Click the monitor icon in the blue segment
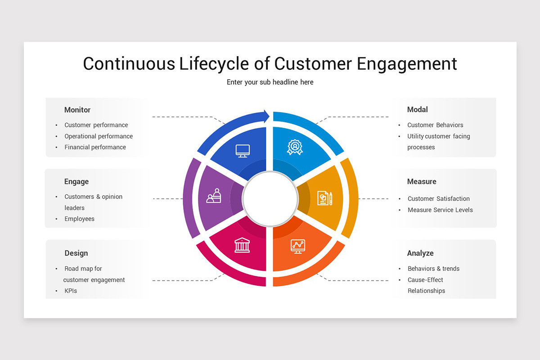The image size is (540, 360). coord(243,151)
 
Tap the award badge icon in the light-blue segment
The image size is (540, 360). coord(295,147)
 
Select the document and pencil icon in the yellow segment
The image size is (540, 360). coord(324,198)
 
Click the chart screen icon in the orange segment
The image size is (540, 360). coord(297,246)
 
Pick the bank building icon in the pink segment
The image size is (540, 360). coord(242,245)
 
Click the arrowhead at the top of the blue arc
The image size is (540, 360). coord(266,116)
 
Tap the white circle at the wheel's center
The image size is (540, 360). coord(270,198)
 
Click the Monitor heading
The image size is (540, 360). coord(77,110)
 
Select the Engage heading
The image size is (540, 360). coord(76,182)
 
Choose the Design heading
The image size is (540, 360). coord(76,253)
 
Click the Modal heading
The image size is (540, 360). coord(417,109)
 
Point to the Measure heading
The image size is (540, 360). coord(421,182)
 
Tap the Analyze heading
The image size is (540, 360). coord(420,253)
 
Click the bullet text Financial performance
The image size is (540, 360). coord(95,147)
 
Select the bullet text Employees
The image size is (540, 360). coord(79,219)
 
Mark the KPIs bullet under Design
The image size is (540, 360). coord(71,291)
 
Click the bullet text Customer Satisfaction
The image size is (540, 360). coord(438,198)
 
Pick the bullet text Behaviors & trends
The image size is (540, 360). coord(433,269)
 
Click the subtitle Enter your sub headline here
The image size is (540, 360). coord(270,82)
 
